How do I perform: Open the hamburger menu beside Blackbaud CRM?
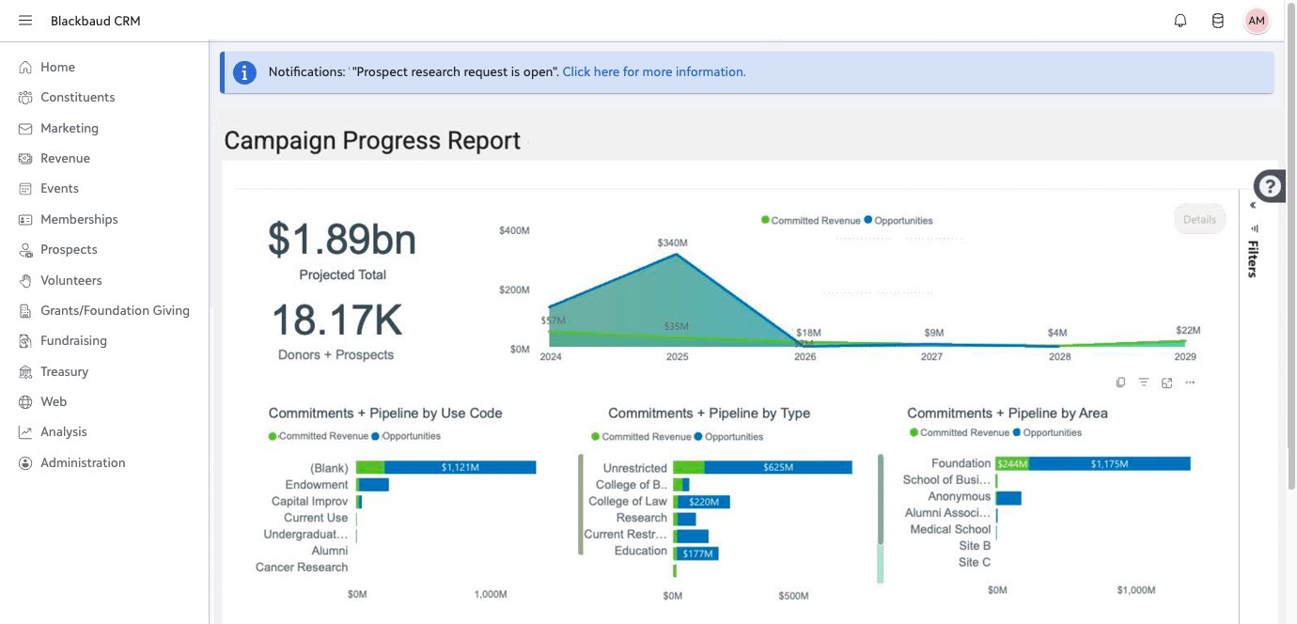pos(24,21)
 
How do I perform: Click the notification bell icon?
pos(1180,21)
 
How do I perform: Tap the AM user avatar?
pos(1256,21)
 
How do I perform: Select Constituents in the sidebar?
pos(78,97)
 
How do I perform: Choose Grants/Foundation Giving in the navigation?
pos(115,310)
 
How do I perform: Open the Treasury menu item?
pos(64,371)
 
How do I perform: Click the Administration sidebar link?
pos(83,462)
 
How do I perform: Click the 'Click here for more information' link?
pos(654,71)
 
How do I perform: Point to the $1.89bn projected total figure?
pos(341,239)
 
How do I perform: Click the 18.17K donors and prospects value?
pos(336,320)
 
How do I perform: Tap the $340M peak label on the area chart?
pos(672,242)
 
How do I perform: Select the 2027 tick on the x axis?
pos(931,356)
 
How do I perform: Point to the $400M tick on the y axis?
pos(514,230)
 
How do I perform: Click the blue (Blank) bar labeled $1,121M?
pos(460,467)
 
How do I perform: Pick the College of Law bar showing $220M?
pos(704,502)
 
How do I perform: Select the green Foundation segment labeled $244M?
pos(1012,463)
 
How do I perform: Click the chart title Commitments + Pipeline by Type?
pos(709,413)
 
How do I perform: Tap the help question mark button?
pos(1269,186)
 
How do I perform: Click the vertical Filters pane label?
pos(1253,258)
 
